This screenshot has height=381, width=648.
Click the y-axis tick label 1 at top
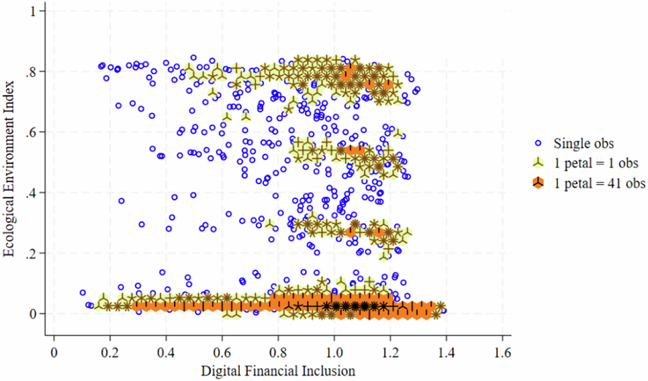(x=35, y=12)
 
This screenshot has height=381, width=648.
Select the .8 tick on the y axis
(x=33, y=72)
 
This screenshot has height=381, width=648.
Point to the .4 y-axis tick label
(x=33, y=193)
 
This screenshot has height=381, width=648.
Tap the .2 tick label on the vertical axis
(x=33, y=254)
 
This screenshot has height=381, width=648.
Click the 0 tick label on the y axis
(x=35, y=314)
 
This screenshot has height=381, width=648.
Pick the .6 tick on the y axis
(x=33, y=132)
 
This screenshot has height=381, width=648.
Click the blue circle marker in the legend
(x=539, y=144)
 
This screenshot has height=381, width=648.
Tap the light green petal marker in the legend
(x=539, y=163)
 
